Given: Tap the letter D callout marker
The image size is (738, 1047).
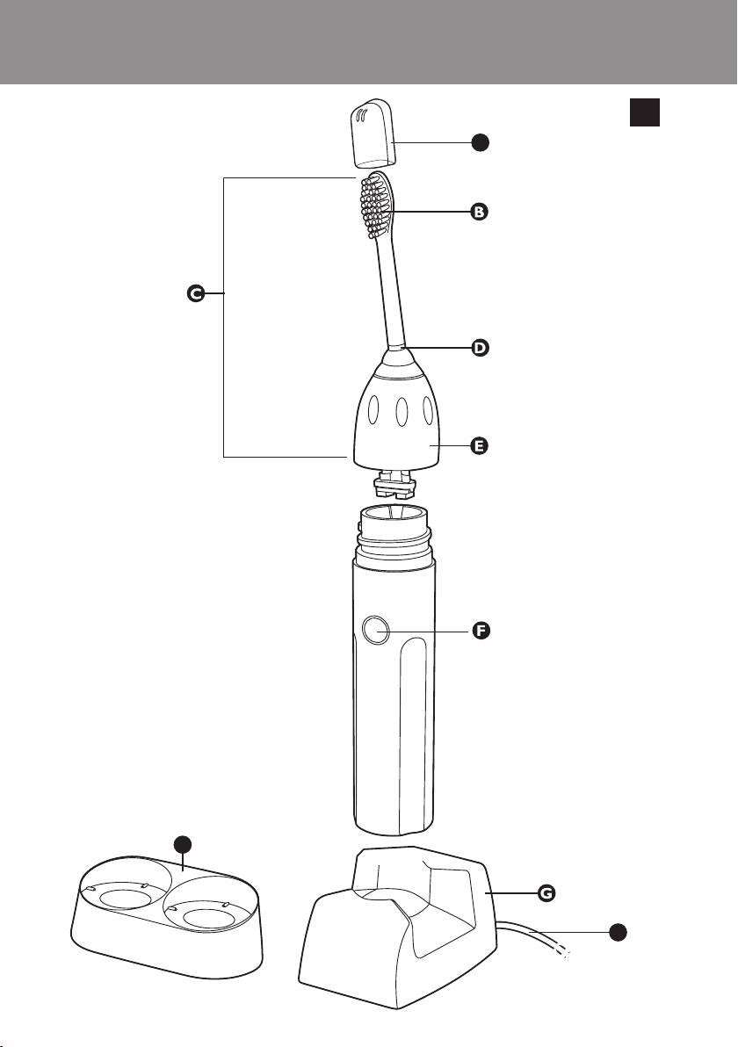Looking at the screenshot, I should (481, 348).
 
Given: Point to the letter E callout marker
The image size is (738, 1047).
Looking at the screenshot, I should (480, 446).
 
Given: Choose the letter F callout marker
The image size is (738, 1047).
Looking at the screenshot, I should (481, 632).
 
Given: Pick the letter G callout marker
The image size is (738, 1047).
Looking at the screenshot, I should (546, 893).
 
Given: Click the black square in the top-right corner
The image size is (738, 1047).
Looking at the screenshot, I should (644, 112).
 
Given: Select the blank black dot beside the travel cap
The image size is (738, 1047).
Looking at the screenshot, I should (480, 141).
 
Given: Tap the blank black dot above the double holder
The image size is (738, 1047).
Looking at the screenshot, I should (183, 846).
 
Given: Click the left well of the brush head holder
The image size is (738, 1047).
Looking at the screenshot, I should (124, 898).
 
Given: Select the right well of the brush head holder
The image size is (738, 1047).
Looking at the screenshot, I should (209, 916).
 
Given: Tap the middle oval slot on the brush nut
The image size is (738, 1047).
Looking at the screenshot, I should (401, 412).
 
